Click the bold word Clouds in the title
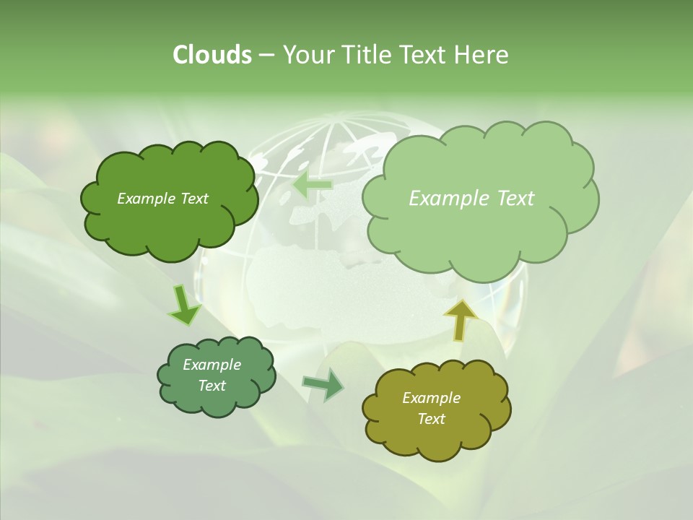coord(212,55)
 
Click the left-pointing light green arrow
coord(313,185)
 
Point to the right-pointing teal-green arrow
coord(323,384)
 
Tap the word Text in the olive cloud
coord(431,419)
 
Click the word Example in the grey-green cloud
coord(212,365)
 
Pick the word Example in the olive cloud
coord(431,398)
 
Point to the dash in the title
coord(266,55)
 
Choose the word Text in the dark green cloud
coord(194,199)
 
